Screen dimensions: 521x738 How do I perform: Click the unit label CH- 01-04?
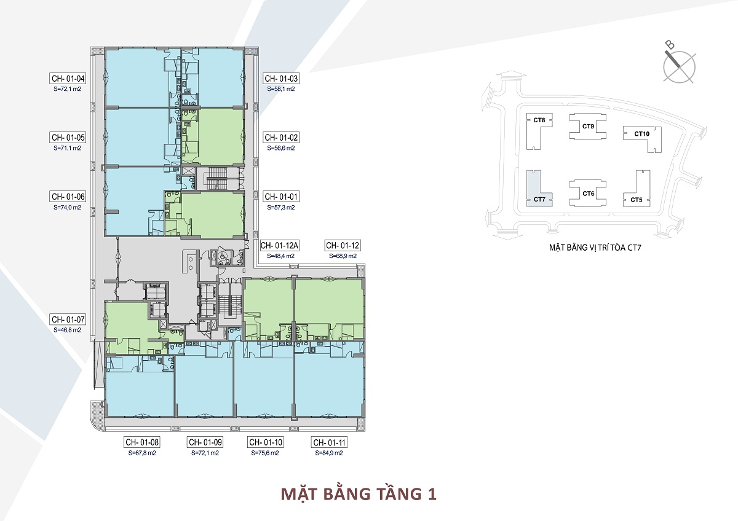click(x=68, y=79)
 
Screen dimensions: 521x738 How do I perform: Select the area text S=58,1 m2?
click(x=281, y=89)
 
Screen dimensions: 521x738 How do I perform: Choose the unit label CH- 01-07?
click(x=68, y=319)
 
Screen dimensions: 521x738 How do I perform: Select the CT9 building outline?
click(x=587, y=127)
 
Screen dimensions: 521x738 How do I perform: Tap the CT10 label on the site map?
click(x=641, y=134)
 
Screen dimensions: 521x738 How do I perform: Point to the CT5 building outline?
click(x=637, y=191)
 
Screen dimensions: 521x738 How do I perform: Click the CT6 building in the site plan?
click(x=588, y=193)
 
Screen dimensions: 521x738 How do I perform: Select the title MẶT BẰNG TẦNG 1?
click(x=359, y=494)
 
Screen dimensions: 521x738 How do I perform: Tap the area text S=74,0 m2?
click(x=68, y=208)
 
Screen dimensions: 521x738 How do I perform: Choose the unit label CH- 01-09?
click(x=205, y=442)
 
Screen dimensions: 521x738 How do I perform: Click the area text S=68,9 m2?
click(x=343, y=256)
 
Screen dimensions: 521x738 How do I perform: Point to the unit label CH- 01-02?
click(x=281, y=138)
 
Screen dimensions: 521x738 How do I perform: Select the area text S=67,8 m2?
click(x=143, y=453)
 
